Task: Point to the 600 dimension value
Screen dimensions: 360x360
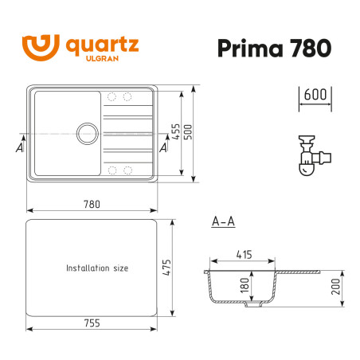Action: [x=316, y=93]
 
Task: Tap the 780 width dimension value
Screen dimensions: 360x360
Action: [x=93, y=204]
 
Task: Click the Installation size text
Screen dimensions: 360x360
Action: [x=97, y=268]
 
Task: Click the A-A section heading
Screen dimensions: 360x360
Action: [x=224, y=221]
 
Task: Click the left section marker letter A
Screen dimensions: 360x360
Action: [x=19, y=147]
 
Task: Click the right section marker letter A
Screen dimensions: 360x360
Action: [x=163, y=147]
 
